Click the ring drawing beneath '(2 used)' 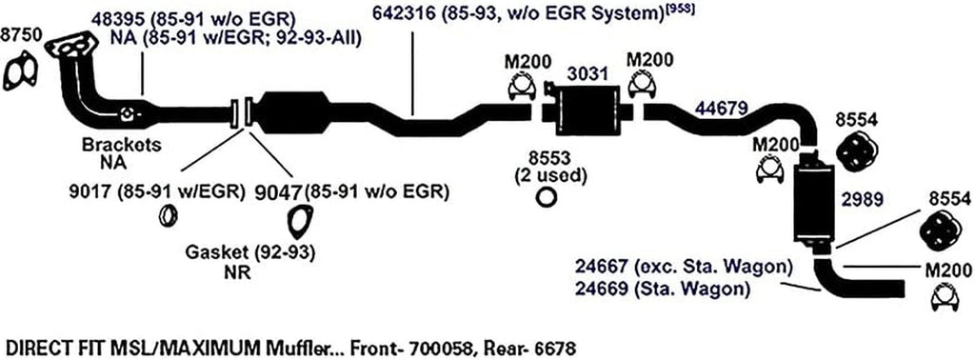[x=547, y=197]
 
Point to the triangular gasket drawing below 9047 [x=300, y=222]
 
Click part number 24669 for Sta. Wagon [x=601, y=285]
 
